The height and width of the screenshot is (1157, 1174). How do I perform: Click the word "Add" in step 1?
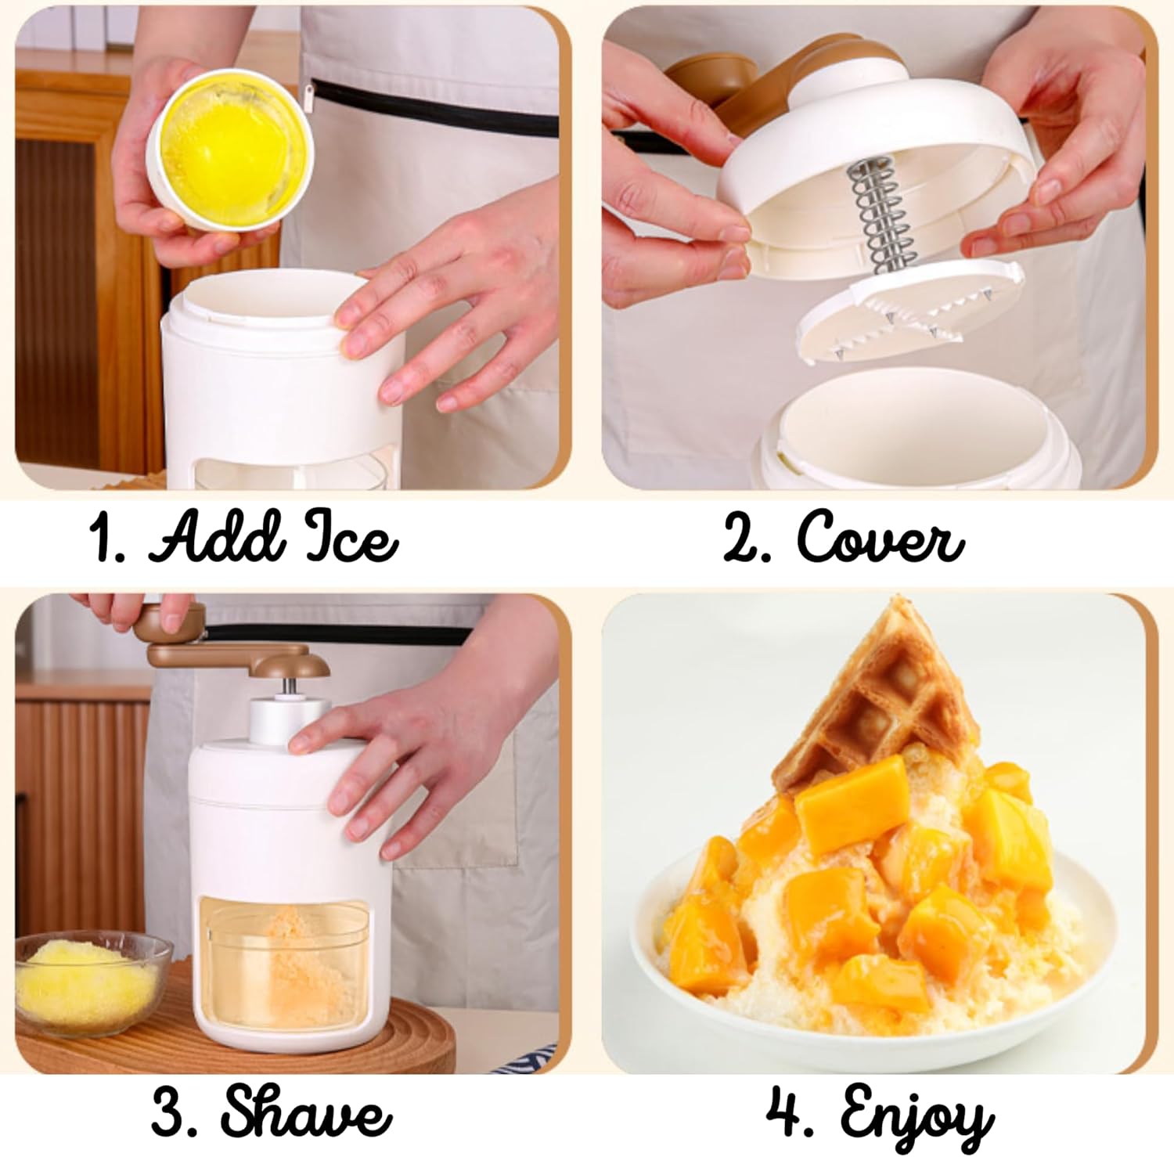point(214,538)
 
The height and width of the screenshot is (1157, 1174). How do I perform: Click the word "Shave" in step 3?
point(305,1112)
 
